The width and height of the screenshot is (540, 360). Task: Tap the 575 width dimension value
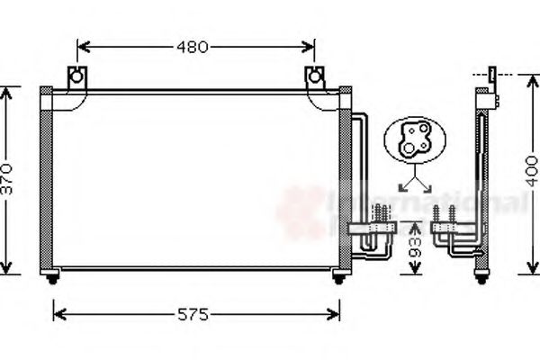click(x=193, y=315)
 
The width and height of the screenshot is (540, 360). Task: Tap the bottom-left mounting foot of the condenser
click(x=53, y=277)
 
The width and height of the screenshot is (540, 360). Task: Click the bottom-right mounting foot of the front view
click(x=338, y=277)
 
